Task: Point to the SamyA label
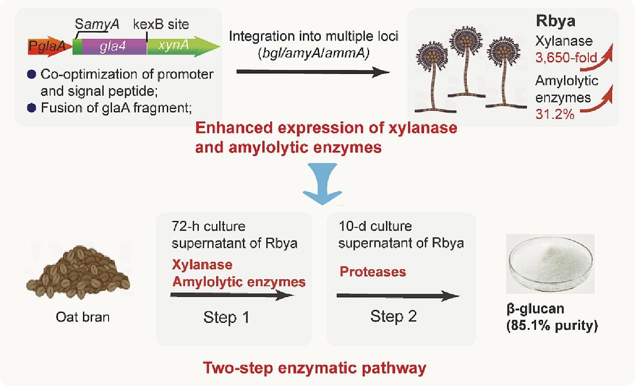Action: click(x=97, y=24)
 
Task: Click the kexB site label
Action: click(x=161, y=24)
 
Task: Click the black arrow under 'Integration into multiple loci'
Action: click(x=312, y=72)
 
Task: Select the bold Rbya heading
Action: click(x=555, y=21)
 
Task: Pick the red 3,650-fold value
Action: click(x=566, y=58)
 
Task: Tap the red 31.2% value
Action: click(x=554, y=114)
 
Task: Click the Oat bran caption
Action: click(x=82, y=317)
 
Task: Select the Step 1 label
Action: click(x=226, y=317)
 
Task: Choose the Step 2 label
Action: click(x=393, y=316)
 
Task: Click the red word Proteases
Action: click(x=373, y=272)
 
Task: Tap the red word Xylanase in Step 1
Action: click(x=202, y=264)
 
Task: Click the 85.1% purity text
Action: click(x=552, y=325)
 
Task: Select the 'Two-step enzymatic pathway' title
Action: click(x=314, y=368)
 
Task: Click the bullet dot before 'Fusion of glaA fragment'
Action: click(x=31, y=108)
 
